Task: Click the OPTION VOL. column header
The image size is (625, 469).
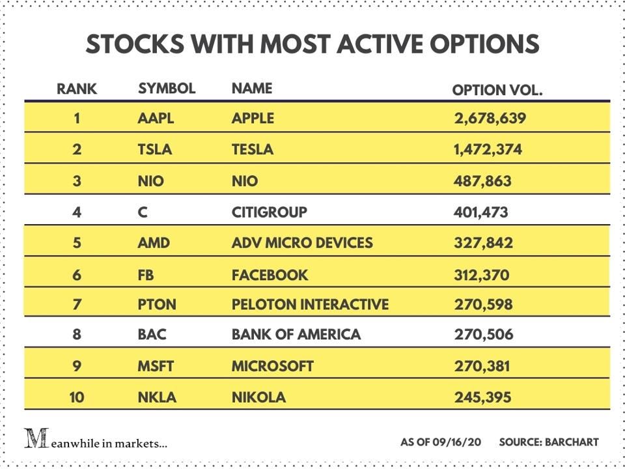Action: point(497,91)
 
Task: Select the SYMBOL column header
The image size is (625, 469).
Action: point(167,89)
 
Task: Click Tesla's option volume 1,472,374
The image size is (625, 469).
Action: point(488,150)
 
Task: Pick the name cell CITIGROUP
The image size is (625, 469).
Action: point(269,212)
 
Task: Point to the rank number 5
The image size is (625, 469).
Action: point(77,243)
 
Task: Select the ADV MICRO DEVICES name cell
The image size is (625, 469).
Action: point(302,243)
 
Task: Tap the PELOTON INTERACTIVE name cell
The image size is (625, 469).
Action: point(310,304)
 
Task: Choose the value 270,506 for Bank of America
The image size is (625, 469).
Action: point(483,335)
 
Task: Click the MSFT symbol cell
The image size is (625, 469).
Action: point(156,366)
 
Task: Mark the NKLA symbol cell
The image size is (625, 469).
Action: point(157,397)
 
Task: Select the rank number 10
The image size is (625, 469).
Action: point(77,397)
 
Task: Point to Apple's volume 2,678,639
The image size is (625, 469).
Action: point(490,119)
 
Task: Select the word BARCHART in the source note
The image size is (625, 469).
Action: point(571,442)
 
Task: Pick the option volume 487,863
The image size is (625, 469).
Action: point(482,181)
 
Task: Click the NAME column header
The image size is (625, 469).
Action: point(252,89)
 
